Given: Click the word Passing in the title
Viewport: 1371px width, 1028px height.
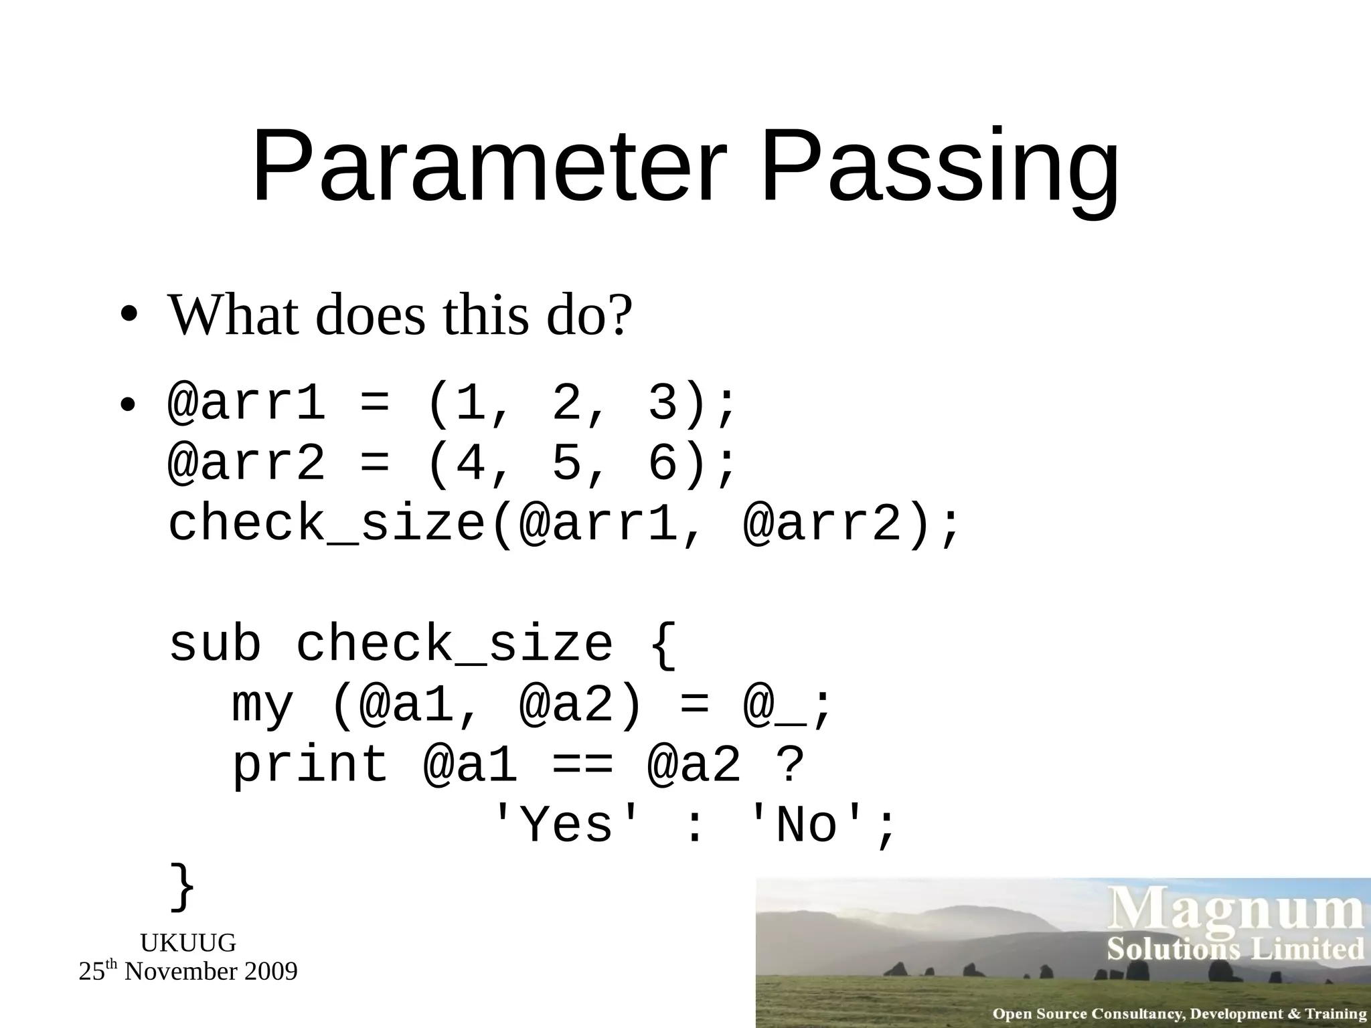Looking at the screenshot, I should (940, 167).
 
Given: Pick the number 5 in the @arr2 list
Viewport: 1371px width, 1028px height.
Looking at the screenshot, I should (566, 463).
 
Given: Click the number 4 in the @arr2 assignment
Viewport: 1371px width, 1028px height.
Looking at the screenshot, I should (471, 463).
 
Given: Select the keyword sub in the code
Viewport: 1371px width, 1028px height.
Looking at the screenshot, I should (215, 644).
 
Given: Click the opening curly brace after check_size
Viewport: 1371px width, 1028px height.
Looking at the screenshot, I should (663, 644).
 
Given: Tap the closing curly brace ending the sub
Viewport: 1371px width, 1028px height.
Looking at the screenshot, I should (182, 886).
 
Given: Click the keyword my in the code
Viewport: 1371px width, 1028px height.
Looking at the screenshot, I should (262, 706).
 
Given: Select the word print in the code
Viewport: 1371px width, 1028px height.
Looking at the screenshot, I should (310, 765).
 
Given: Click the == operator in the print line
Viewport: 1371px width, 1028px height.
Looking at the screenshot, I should (582, 765).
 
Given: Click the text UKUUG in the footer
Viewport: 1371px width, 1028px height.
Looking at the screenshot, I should (188, 943).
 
